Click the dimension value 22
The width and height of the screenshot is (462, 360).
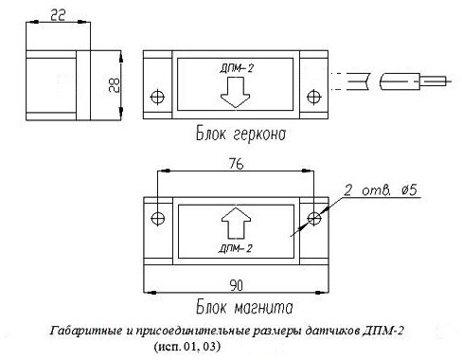pyautogui.click(x=58, y=15)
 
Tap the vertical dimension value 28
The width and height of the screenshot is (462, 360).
pyautogui.click(x=115, y=85)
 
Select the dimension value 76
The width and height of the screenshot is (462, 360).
pyautogui.click(x=236, y=164)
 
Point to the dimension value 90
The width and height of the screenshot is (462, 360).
pyautogui.click(x=236, y=285)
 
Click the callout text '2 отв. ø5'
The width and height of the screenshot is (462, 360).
pyautogui.click(x=381, y=190)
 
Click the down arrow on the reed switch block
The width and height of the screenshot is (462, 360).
pyautogui.click(x=236, y=93)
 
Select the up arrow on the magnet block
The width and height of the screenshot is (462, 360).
pyautogui.click(x=236, y=223)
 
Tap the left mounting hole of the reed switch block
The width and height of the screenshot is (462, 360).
pyautogui.click(x=157, y=97)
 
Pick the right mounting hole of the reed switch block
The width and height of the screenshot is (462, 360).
pyautogui.click(x=313, y=97)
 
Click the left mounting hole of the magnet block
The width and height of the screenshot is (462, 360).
pyautogui.click(x=158, y=218)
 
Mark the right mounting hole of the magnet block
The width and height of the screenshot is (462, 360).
pyautogui.click(x=314, y=218)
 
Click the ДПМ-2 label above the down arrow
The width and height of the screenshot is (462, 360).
pyautogui.click(x=237, y=68)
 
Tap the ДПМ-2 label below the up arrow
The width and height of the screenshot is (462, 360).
pyautogui.click(x=236, y=248)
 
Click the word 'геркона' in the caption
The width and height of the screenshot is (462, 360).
pyautogui.click(x=259, y=135)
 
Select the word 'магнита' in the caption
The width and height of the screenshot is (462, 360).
pyautogui.click(x=264, y=308)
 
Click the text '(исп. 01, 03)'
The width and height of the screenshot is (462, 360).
pyautogui.click(x=187, y=347)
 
